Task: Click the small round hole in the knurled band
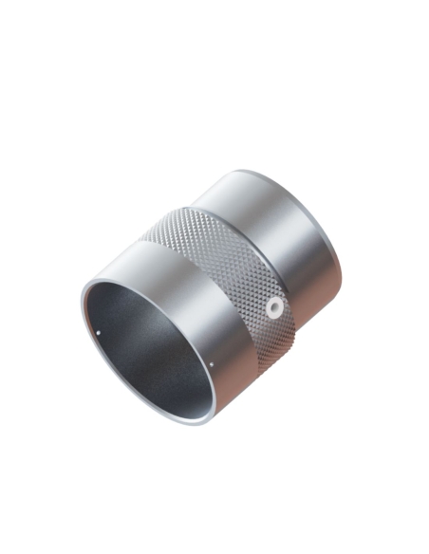(x=273, y=307)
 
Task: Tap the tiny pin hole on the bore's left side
(x=100, y=333)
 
